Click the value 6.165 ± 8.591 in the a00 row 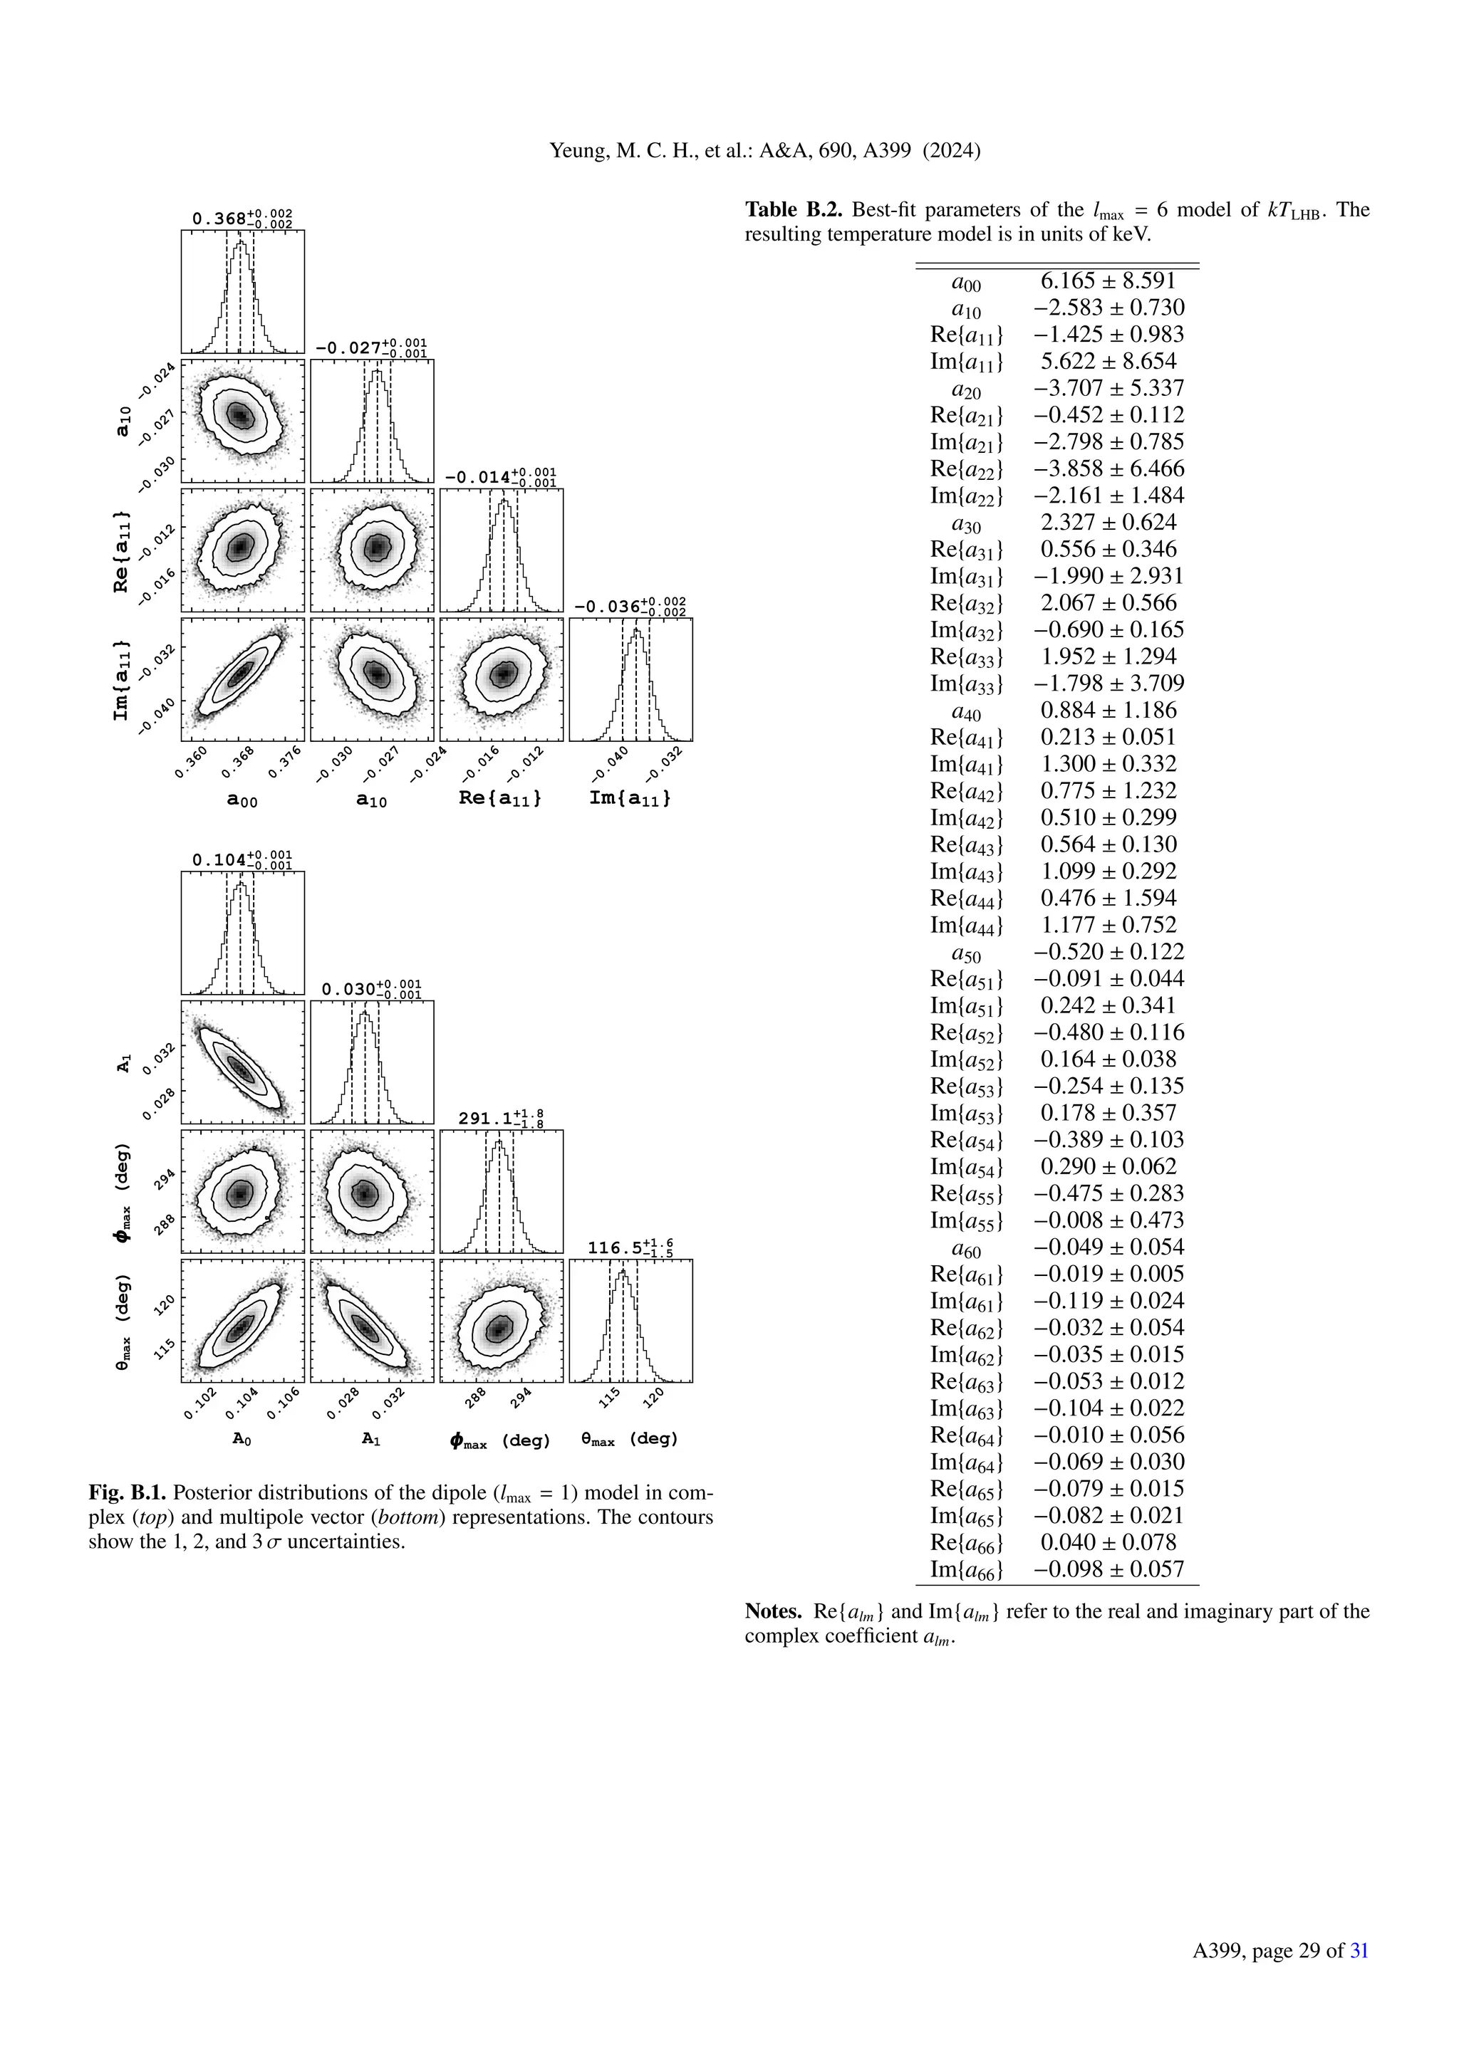[1107, 281]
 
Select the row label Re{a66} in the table [967, 1543]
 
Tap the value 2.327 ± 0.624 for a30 [1107, 523]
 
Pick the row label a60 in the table [967, 1248]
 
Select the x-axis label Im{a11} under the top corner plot [630, 797]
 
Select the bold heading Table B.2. [794, 210]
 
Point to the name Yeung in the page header [577, 151]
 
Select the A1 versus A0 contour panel [242, 1062]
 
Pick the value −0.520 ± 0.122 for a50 [1107, 952]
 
